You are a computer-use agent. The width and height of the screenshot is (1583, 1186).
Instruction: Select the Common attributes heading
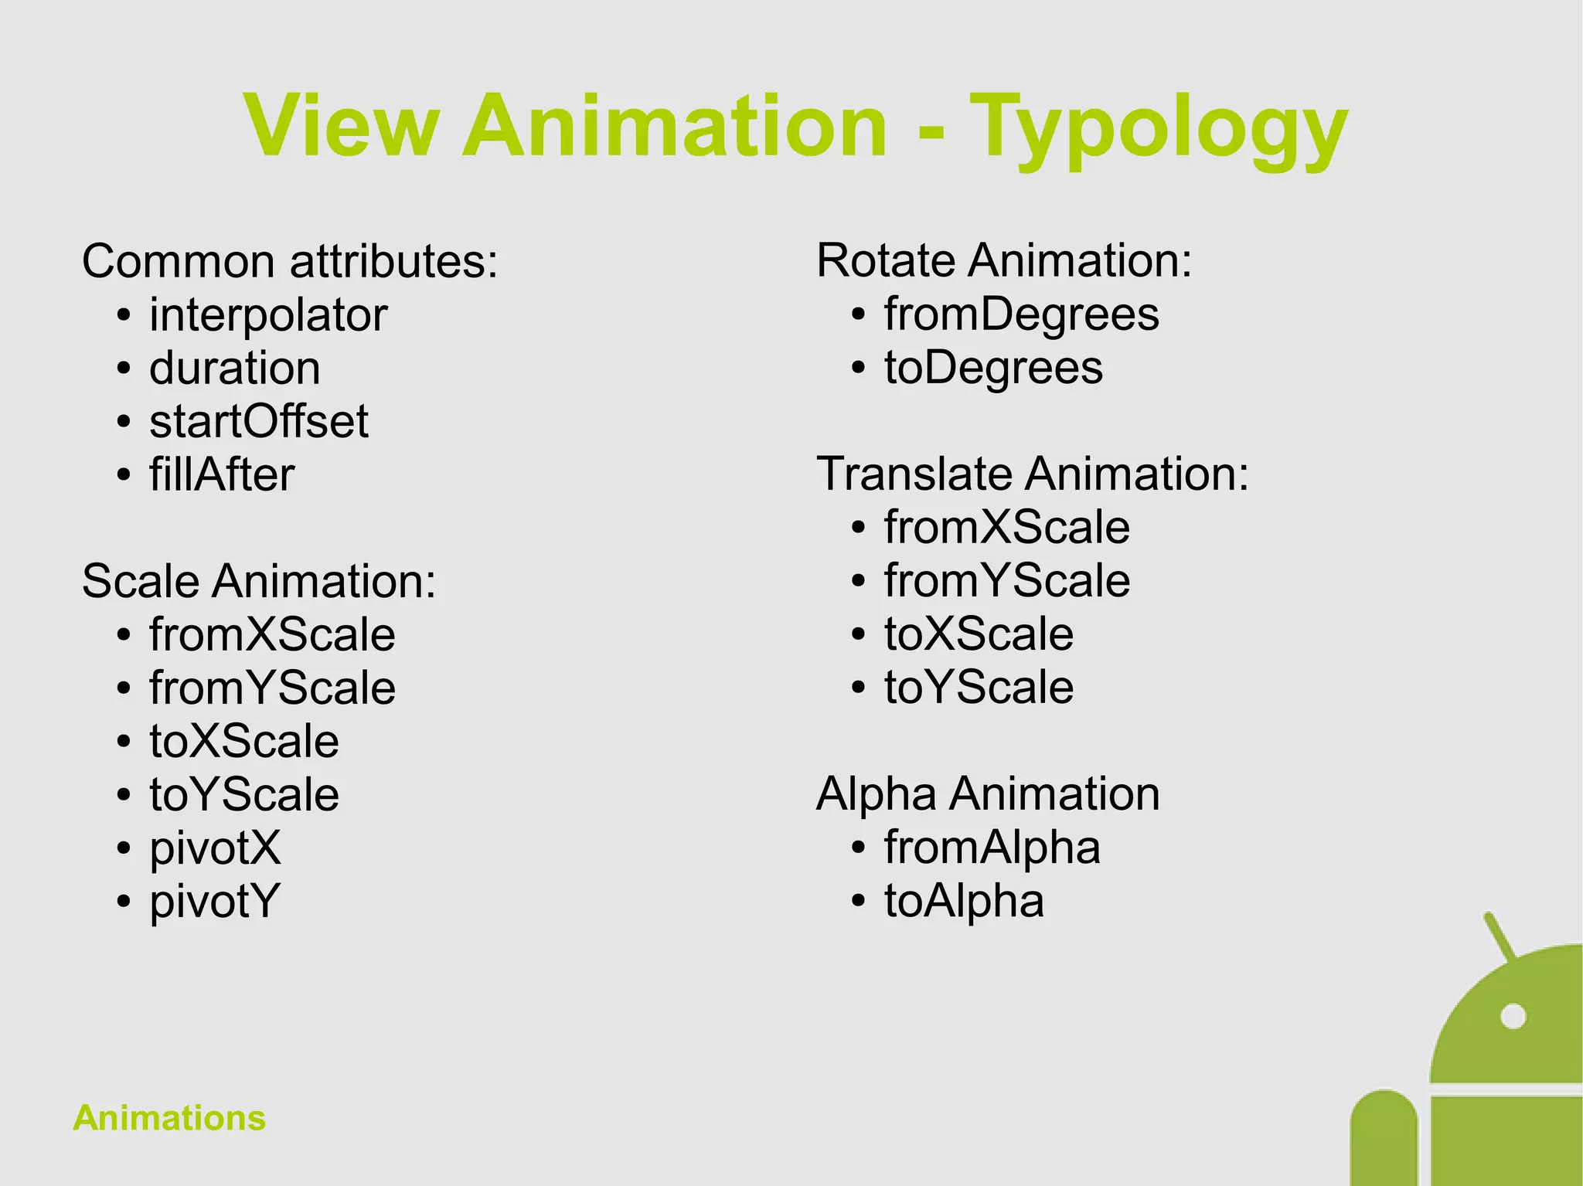click(x=290, y=261)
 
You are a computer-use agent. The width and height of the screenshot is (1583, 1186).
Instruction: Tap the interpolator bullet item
click(x=267, y=315)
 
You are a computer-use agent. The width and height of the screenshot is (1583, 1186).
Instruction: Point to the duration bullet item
click(x=234, y=368)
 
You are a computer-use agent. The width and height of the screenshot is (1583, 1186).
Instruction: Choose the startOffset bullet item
click(x=258, y=421)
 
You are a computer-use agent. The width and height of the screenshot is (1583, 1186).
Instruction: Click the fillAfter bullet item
click(x=222, y=474)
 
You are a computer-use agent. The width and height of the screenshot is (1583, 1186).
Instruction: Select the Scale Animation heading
click(x=259, y=581)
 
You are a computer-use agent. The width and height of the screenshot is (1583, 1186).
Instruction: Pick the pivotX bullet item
click(x=215, y=848)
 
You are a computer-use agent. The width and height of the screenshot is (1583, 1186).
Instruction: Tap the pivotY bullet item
click(x=214, y=901)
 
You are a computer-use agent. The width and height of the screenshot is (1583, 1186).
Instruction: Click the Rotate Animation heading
click(x=1004, y=260)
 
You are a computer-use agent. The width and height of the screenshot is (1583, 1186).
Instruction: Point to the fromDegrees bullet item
click(x=1021, y=314)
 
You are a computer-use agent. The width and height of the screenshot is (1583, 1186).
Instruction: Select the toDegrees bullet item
click(x=993, y=368)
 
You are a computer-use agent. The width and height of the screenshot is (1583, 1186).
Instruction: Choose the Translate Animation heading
click(x=1033, y=474)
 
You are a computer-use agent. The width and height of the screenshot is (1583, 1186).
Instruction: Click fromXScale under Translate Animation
click(x=1006, y=528)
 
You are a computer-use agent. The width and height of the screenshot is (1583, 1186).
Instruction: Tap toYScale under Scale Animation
click(x=244, y=794)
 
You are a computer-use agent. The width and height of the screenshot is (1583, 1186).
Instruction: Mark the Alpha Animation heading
click(x=988, y=793)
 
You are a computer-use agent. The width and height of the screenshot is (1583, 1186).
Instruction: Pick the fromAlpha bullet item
click(x=992, y=848)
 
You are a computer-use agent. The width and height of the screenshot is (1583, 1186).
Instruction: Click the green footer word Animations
click(x=169, y=1118)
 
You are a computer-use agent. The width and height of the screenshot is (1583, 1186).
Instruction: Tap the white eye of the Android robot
click(x=1513, y=1017)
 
